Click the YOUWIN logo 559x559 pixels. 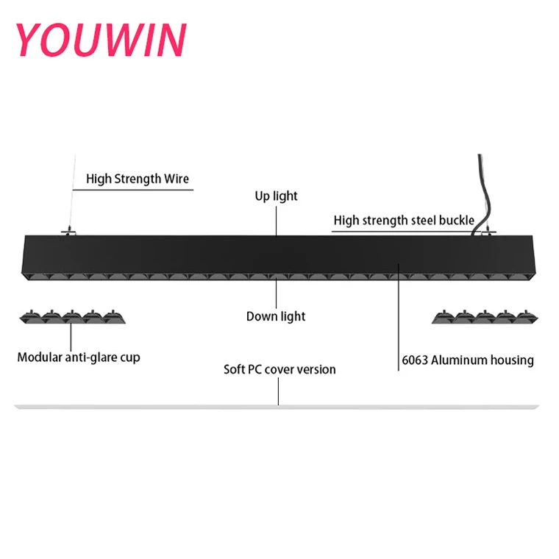100,40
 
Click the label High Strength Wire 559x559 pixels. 138,179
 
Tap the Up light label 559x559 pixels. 277,196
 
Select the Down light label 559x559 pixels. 276,316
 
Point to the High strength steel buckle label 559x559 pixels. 404,220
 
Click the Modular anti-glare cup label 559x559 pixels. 79,357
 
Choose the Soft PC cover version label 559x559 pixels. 279,369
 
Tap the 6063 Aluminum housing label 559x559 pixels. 468,360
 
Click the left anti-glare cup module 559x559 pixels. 71,317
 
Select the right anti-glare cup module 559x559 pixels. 483,317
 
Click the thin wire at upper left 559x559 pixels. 71,191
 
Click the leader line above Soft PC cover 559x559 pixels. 279,391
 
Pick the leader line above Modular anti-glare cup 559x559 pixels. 71,337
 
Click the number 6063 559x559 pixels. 416,360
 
